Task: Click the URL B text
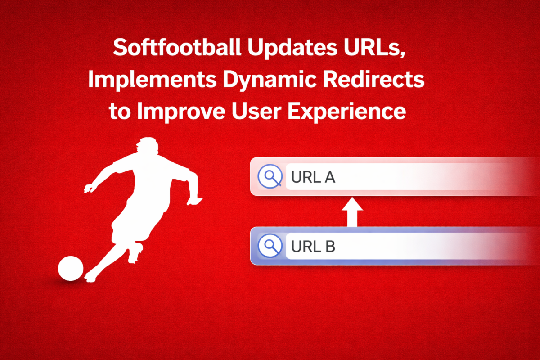[313, 247]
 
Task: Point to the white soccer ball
[71, 269]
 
